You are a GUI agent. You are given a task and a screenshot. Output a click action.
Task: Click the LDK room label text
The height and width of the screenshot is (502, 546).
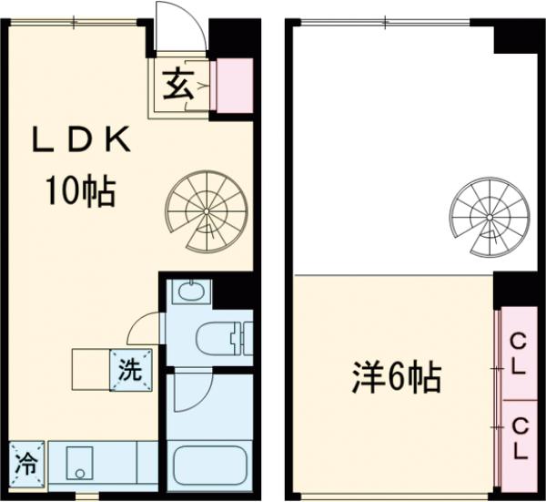[x=83, y=142]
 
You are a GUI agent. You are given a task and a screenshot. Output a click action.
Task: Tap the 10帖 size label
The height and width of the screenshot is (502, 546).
[x=81, y=192]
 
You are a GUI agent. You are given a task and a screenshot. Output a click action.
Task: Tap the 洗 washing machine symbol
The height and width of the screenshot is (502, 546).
[x=130, y=371]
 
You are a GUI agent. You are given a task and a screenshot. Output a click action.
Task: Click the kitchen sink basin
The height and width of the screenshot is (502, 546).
[x=80, y=464]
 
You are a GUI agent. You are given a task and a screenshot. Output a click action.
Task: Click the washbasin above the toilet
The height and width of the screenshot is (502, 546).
[x=191, y=292]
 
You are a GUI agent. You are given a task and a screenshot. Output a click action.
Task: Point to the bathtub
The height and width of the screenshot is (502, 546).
[x=208, y=465]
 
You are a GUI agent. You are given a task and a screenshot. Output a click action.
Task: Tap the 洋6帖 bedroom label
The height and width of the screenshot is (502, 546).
[x=398, y=376]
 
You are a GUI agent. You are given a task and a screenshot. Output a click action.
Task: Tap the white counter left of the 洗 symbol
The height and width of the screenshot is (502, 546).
[x=91, y=369]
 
